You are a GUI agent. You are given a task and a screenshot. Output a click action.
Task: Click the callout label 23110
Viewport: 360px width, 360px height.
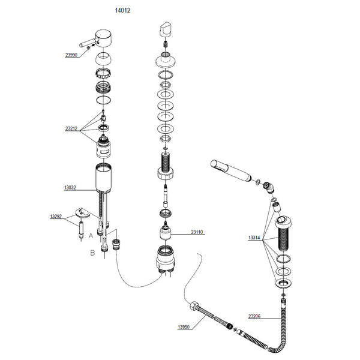coord(199,232)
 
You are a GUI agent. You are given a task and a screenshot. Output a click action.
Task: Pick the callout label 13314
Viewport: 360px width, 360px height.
coord(254,238)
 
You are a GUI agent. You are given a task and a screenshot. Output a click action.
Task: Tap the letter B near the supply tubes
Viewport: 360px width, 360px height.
coord(92,253)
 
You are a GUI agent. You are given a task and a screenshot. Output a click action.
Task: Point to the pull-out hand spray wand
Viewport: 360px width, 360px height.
coord(232,170)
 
